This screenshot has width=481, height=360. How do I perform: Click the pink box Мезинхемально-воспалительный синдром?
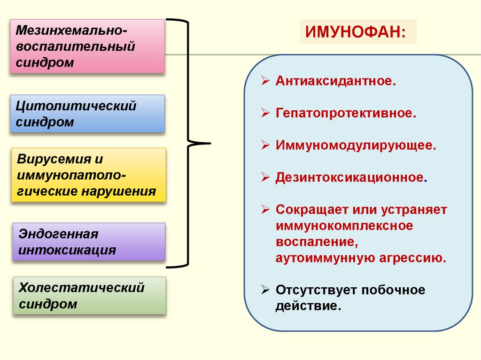coord(87,46)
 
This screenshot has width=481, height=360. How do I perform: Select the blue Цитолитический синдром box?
coord(87,114)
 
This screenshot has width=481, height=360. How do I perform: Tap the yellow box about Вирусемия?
coord(89,175)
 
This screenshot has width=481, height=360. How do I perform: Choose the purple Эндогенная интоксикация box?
coord(89,242)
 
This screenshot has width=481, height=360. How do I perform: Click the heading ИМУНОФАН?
coord(357,31)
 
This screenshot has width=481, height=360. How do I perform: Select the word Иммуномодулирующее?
coord(356,145)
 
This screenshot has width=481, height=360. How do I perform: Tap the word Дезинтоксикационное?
coord(350,177)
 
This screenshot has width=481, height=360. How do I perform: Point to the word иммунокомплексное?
coord(344,226)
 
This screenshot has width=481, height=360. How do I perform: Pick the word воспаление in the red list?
coord(314,242)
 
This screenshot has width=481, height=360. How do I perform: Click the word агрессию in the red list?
coord(412,258)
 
